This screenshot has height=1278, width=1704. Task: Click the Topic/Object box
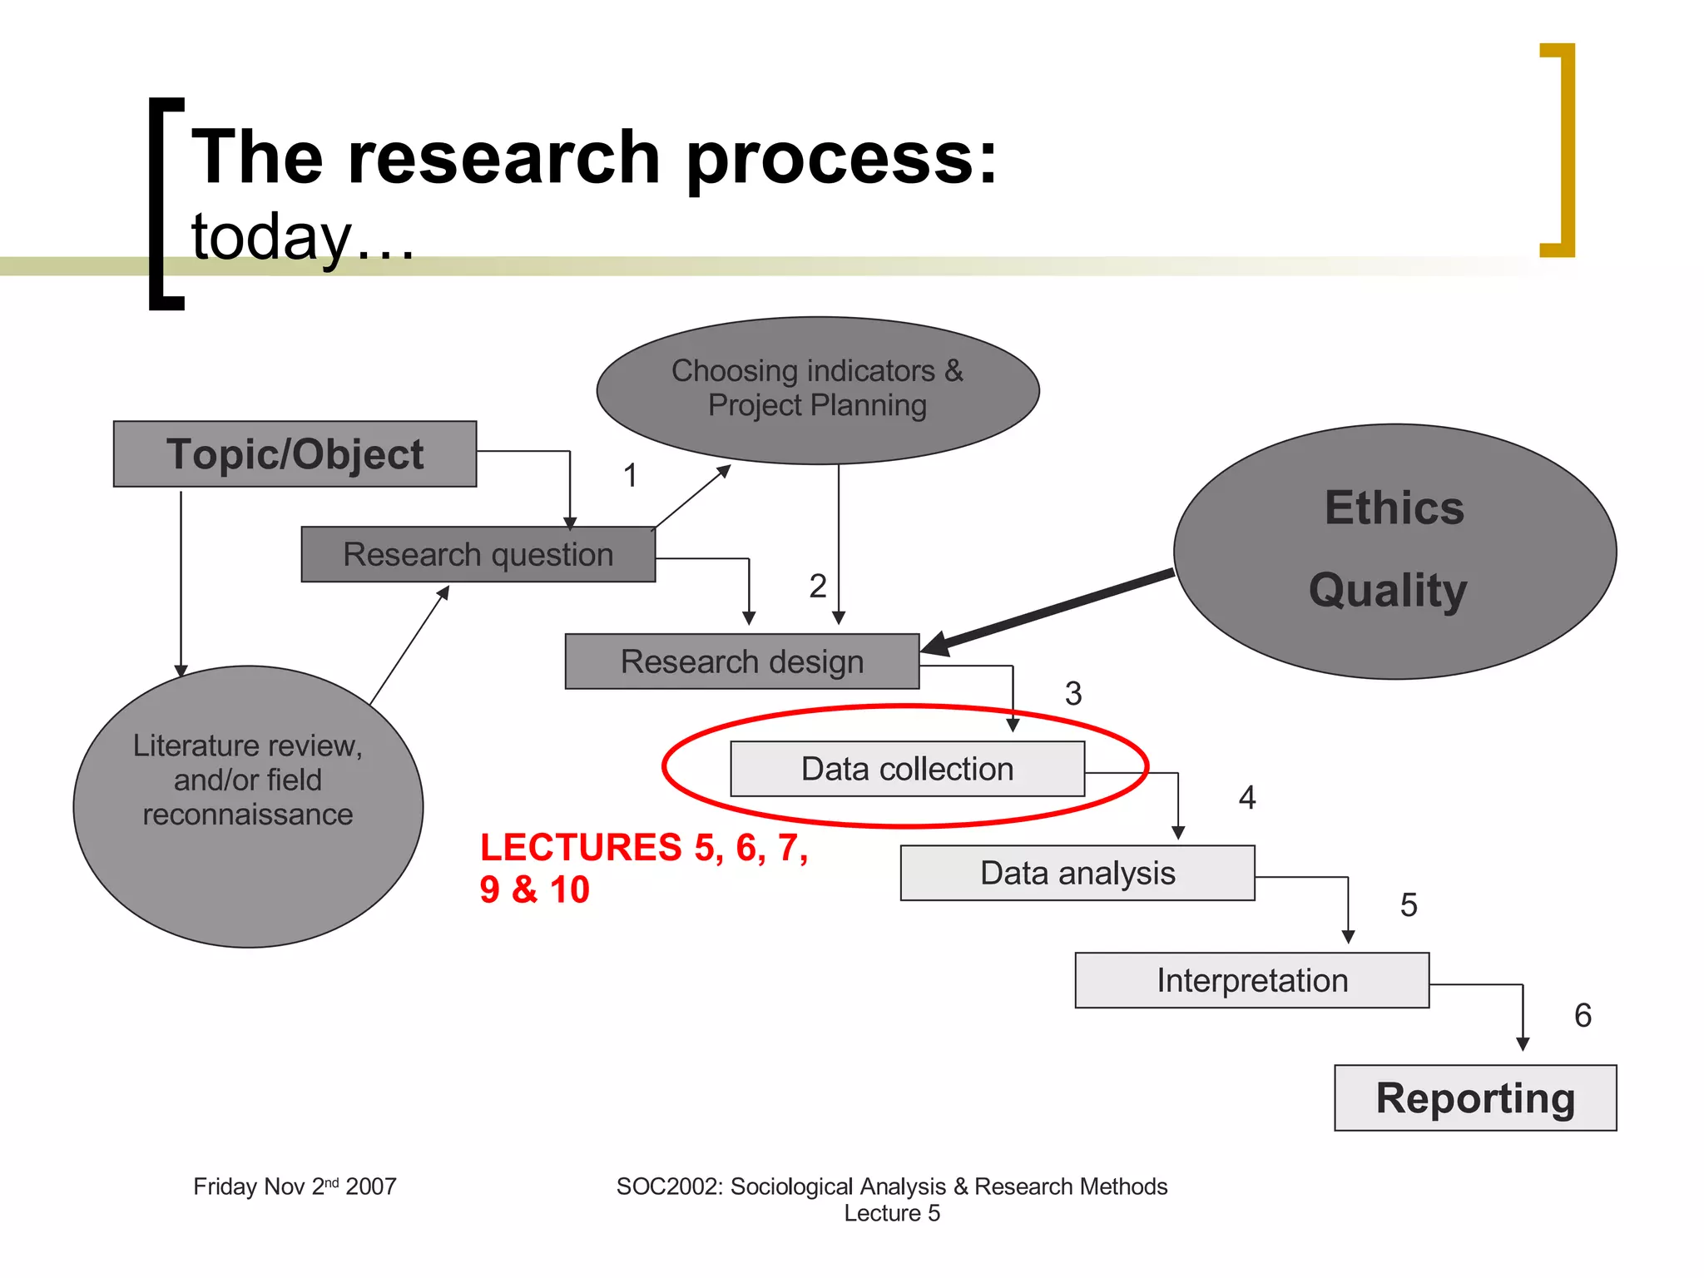295,454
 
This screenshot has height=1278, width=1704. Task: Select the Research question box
478,554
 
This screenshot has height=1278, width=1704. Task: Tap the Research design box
741,661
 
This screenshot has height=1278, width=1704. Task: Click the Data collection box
907,769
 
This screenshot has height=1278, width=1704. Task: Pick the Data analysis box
1077,874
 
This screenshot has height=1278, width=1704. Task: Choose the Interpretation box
1251,980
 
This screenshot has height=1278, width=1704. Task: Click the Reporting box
1475,1098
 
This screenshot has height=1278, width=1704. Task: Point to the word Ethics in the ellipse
1394,508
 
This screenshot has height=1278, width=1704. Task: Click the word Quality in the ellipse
1388,591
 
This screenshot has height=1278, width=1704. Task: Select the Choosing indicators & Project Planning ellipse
817,389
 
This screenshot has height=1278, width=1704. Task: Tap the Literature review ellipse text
248,780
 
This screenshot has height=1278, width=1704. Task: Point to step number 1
631,475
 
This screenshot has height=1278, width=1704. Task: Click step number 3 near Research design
1073,693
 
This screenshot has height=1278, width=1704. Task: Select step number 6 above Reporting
1583,1015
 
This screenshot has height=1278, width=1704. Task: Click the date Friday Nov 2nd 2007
295,1186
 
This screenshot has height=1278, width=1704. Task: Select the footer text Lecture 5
892,1213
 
